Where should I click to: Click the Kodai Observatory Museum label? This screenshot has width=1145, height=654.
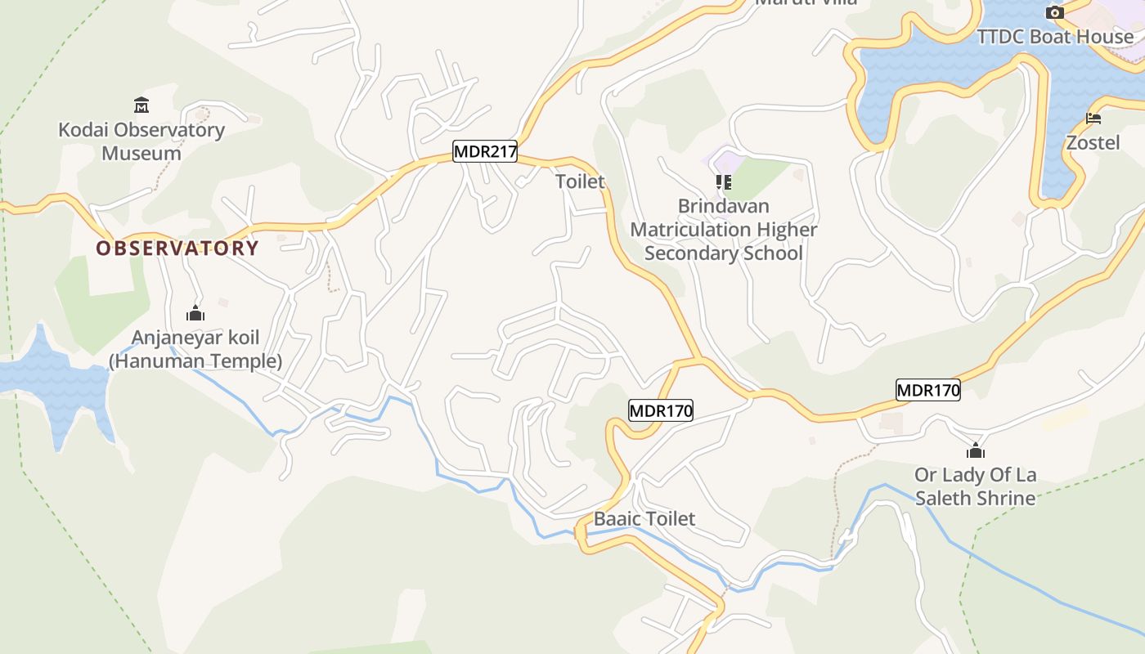[x=141, y=141]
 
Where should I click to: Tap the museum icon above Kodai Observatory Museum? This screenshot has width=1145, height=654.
[x=141, y=105]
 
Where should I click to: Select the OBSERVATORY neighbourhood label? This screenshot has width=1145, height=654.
[x=177, y=249]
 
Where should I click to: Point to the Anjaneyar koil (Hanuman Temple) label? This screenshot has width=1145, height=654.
[x=195, y=349]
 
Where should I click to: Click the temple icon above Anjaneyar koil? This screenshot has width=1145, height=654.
[x=195, y=313]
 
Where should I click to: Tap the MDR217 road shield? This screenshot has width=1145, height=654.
[x=485, y=151]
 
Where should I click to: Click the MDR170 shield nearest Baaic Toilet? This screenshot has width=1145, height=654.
[x=660, y=410]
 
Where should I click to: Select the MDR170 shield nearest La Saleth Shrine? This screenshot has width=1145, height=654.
[x=927, y=390]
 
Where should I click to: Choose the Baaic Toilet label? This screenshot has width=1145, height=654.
[x=644, y=518]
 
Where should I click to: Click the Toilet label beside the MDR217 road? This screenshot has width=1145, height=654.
[x=581, y=181]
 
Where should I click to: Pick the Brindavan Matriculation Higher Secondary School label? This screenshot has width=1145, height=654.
[x=724, y=230]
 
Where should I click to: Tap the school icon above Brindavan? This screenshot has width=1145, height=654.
[x=724, y=181]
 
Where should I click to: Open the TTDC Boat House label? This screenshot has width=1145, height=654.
[x=1056, y=37]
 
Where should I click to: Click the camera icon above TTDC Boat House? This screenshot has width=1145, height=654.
[x=1055, y=12]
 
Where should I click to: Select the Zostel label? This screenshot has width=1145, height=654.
[x=1093, y=143]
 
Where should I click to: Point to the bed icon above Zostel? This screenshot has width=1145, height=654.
[x=1093, y=119]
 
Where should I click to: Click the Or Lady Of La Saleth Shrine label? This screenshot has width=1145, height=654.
[x=975, y=486]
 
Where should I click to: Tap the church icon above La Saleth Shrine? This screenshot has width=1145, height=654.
[x=975, y=451]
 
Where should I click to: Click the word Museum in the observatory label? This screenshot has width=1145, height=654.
[x=141, y=153]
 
